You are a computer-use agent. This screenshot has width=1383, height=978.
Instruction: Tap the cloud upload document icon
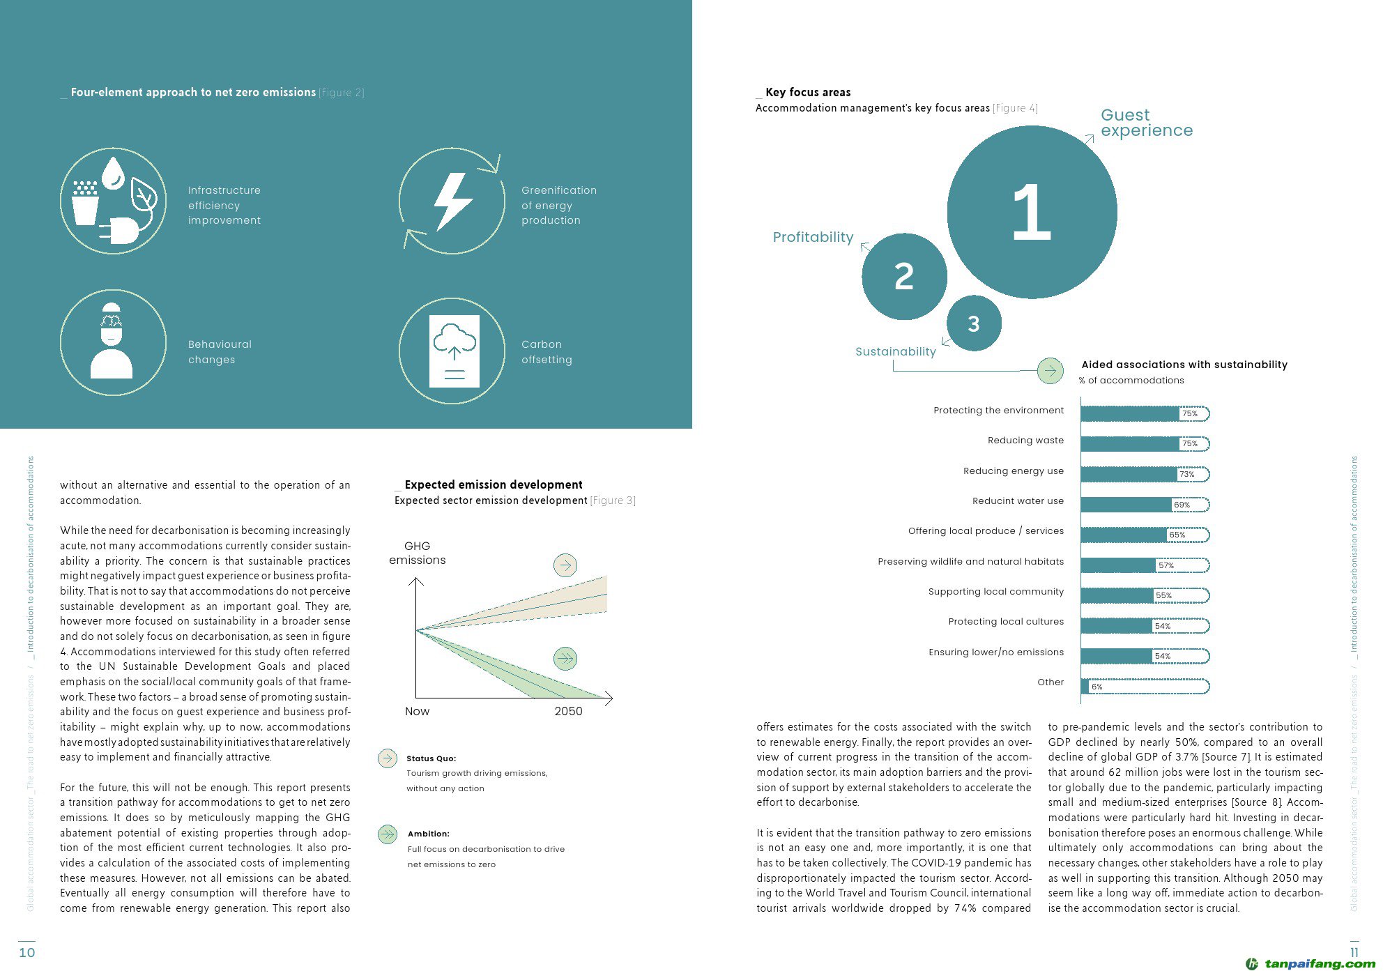click(454, 351)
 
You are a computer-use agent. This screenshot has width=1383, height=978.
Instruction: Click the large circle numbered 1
click(1032, 212)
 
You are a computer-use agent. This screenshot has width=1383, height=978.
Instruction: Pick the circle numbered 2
click(904, 277)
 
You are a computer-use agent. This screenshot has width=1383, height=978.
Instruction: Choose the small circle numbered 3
click(974, 323)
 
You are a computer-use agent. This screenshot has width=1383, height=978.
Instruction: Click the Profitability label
click(813, 237)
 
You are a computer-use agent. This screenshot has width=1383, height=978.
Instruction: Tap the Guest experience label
click(1146, 123)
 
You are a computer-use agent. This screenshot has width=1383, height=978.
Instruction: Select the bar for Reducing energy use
click(1129, 474)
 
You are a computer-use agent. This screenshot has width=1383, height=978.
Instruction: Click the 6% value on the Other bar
click(1097, 687)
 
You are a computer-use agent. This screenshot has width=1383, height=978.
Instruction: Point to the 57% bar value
click(1166, 565)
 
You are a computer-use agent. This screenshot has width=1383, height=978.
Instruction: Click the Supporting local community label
click(995, 592)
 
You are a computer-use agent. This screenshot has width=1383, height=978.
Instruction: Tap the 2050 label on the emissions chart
click(568, 711)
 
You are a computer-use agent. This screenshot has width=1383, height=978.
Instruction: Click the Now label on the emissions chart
click(417, 711)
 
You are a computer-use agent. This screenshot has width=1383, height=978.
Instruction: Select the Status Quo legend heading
click(431, 758)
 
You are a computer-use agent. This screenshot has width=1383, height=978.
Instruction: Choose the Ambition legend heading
click(428, 834)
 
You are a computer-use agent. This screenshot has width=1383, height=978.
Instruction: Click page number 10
click(26, 953)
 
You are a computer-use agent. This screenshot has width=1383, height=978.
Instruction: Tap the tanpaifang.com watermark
click(1311, 964)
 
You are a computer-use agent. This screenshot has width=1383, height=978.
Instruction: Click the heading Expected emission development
click(493, 484)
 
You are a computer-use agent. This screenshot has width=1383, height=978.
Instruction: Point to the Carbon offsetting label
click(547, 352)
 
